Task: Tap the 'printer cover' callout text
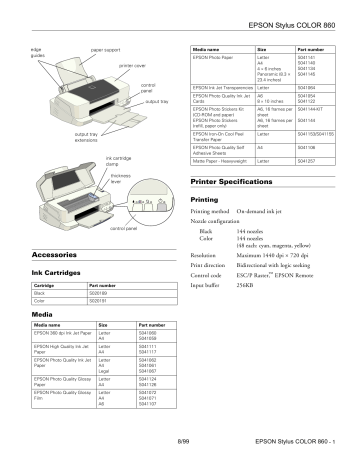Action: tap(132, 65)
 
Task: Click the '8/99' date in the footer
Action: tap(183, 439)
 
